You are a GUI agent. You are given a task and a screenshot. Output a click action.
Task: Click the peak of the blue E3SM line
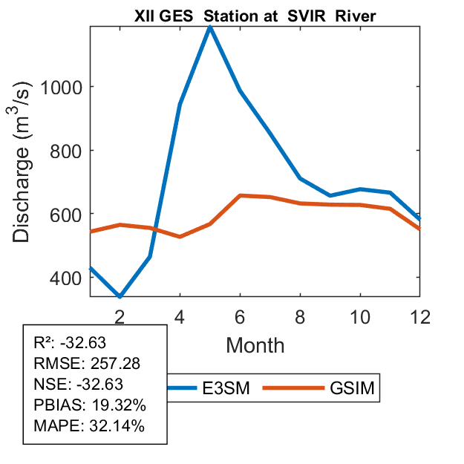211,27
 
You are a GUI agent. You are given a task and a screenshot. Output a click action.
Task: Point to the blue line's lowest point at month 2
120,296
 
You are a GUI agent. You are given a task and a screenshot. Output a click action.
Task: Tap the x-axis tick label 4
180,316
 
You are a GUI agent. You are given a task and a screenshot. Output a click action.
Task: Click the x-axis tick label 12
420,316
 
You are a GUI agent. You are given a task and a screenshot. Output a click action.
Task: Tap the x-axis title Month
255,345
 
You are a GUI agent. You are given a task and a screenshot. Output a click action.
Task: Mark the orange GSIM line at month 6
241,195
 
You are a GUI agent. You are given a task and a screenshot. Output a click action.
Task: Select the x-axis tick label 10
360,316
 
